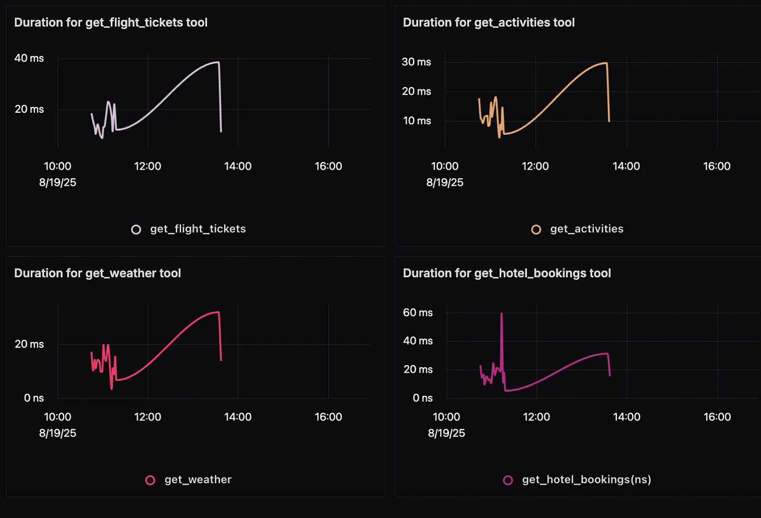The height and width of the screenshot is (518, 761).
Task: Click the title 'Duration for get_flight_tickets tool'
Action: coord(111,22)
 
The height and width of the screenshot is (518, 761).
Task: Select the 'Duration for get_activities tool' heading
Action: coord(489,22)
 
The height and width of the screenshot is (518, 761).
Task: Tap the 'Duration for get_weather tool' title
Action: coord(97,273)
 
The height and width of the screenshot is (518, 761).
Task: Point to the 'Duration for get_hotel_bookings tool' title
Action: coord(506,273)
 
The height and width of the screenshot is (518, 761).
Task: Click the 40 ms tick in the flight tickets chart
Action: coord(29,58)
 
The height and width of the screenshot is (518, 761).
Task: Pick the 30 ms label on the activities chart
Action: coord(416,62)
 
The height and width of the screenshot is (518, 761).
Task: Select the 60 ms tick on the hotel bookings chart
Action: coord(418,312)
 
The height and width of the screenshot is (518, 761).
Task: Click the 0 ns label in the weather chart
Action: coord(34,398)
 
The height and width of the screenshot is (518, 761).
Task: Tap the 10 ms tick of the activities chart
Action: coord(417,121)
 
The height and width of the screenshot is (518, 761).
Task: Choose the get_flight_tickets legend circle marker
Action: coord(136,229)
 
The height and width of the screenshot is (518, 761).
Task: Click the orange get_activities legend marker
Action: coord(536,229)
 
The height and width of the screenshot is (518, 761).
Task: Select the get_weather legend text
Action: coord(198,479)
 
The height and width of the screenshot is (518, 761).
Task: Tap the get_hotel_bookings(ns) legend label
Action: coord(586,479)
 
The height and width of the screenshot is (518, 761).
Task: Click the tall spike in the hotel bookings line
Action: coord(502,314)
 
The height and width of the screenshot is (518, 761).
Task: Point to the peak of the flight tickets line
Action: coord(217,62)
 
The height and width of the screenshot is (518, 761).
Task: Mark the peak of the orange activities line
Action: coord(605,63)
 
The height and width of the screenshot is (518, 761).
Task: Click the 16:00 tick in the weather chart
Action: coord(328,417)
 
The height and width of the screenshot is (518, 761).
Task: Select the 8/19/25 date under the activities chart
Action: coord(445,182)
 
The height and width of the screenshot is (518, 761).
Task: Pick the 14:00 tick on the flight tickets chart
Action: coord(238,166)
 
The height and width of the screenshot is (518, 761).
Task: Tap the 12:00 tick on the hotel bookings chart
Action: coord(536,417)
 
